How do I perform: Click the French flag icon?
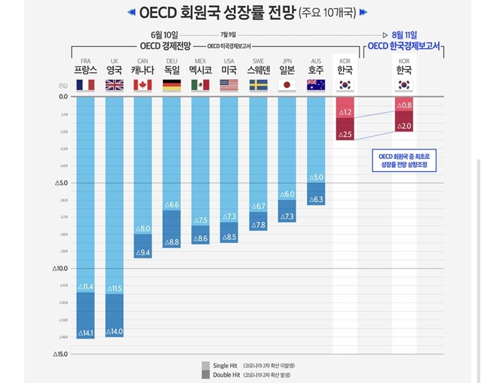86,85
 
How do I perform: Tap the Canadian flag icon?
143,85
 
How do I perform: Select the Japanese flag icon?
287,85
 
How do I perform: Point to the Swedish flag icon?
258,85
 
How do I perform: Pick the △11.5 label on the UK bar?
114,288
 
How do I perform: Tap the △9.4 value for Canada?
143,253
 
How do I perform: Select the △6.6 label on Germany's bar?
172,205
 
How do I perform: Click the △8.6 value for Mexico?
200,238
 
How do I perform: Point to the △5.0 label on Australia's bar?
316,177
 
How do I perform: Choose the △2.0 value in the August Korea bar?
404,126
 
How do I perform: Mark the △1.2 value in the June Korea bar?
345,112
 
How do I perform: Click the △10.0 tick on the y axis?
61,268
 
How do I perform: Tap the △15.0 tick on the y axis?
61,354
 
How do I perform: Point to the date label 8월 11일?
404,35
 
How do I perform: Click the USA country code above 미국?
229,61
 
